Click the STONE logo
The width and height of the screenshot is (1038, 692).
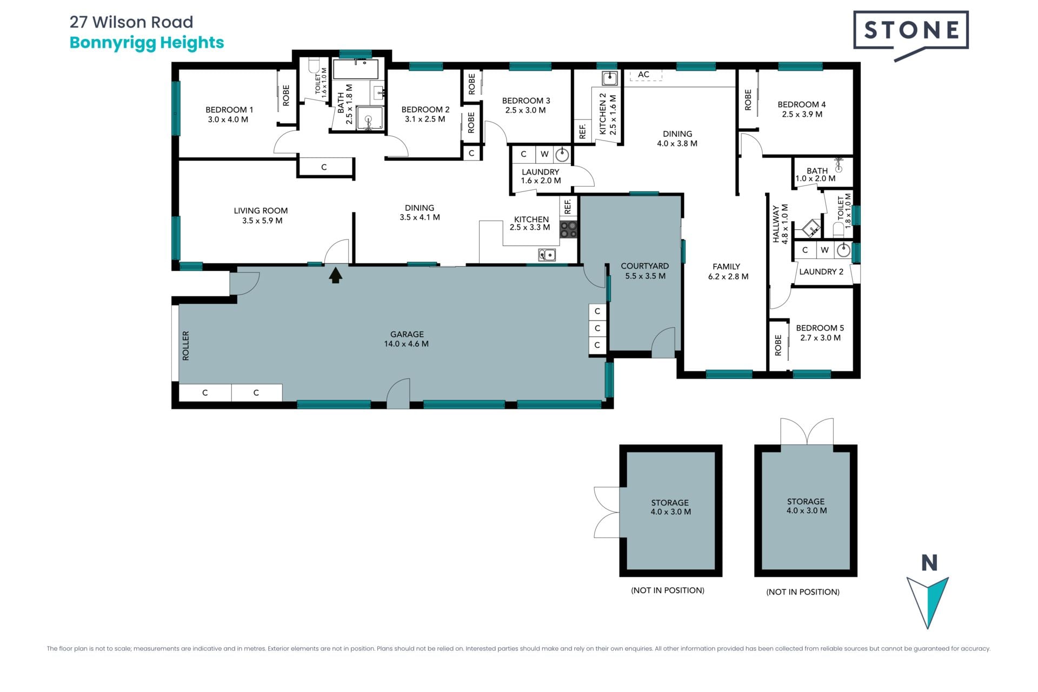click(x=910, y=34)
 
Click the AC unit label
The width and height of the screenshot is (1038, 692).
click(x=643, y=75)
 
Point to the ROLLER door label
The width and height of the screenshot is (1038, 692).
click(x=185, y=345)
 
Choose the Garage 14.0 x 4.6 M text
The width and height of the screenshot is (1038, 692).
click(x=407, y=339)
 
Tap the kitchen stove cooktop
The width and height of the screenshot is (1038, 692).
click(x=568, y=229)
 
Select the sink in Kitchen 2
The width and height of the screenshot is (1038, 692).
click(x=610, y=78)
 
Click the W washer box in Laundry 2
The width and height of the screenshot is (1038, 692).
click(x=824, y=250)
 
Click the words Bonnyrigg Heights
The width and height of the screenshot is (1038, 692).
click(x=147, y=43)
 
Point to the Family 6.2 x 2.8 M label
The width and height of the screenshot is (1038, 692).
click(x=728, y=271)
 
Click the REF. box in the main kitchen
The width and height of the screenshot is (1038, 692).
click(x=568, y=207)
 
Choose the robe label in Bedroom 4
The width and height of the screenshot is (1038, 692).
click(x=748, y=100)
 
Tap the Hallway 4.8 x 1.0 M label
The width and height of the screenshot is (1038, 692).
click(x=780, y=223)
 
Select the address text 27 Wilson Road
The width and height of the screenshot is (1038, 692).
click(x=131, y=22)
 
